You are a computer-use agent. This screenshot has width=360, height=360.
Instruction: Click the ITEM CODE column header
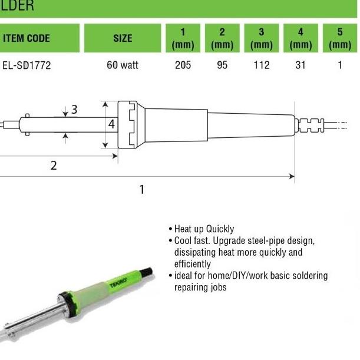pyautogui.click(x=27, y=39)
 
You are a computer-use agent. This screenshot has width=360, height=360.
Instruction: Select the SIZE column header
pyautogui.click(x=123, y=39)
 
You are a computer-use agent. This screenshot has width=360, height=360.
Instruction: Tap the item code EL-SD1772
pyautogui.click(x=27, y=65)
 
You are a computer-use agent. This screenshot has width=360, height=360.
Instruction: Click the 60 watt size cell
pyautogui.click(x=123, y=65)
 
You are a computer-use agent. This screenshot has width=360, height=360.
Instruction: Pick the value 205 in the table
pyautogui.click(x=183, y=65)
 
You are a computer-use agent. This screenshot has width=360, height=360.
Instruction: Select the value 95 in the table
pyautogui.click(x=222, y=65)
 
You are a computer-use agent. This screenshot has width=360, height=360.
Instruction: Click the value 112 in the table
pyautogui.click(x=262, y=65)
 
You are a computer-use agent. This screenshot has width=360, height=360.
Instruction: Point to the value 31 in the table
pyautogui.click(x=300, y=65)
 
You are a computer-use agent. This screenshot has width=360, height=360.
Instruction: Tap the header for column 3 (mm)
pyautogui.click(x=262, y=38)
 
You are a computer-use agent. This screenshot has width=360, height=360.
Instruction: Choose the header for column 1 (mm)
pyautogui.click(x=183, y=38)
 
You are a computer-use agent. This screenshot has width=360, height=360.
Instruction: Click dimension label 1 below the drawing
pyautogui.click(x=141, y=189)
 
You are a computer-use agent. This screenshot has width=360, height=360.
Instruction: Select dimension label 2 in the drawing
pyautogui.click(x=54, y=166)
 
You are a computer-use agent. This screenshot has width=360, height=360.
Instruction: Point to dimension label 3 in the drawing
pyautogui.click(x=74, y=109)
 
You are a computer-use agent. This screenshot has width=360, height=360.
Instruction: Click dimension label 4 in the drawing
pyautogui.click(x=111, y=124)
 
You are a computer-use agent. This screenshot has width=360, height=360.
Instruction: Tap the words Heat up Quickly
pyautogui.click(x=204, y=229)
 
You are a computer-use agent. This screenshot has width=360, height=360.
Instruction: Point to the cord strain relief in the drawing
pyautogui.click(x=311, y=125)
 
